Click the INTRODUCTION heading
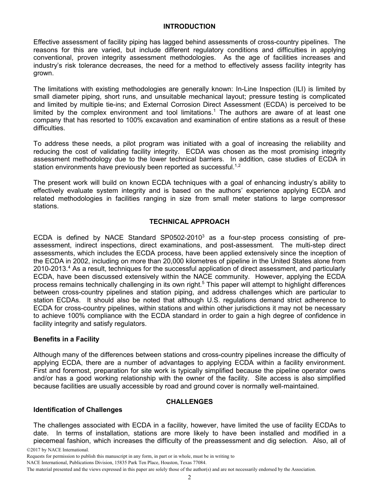tap(189, 27)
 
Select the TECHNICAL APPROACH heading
tap(189, 221)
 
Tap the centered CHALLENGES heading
tap(189, 402)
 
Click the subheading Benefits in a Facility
tap(66, 339)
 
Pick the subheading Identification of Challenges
tap(78, 410)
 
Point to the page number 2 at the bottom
tap(189, 478)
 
